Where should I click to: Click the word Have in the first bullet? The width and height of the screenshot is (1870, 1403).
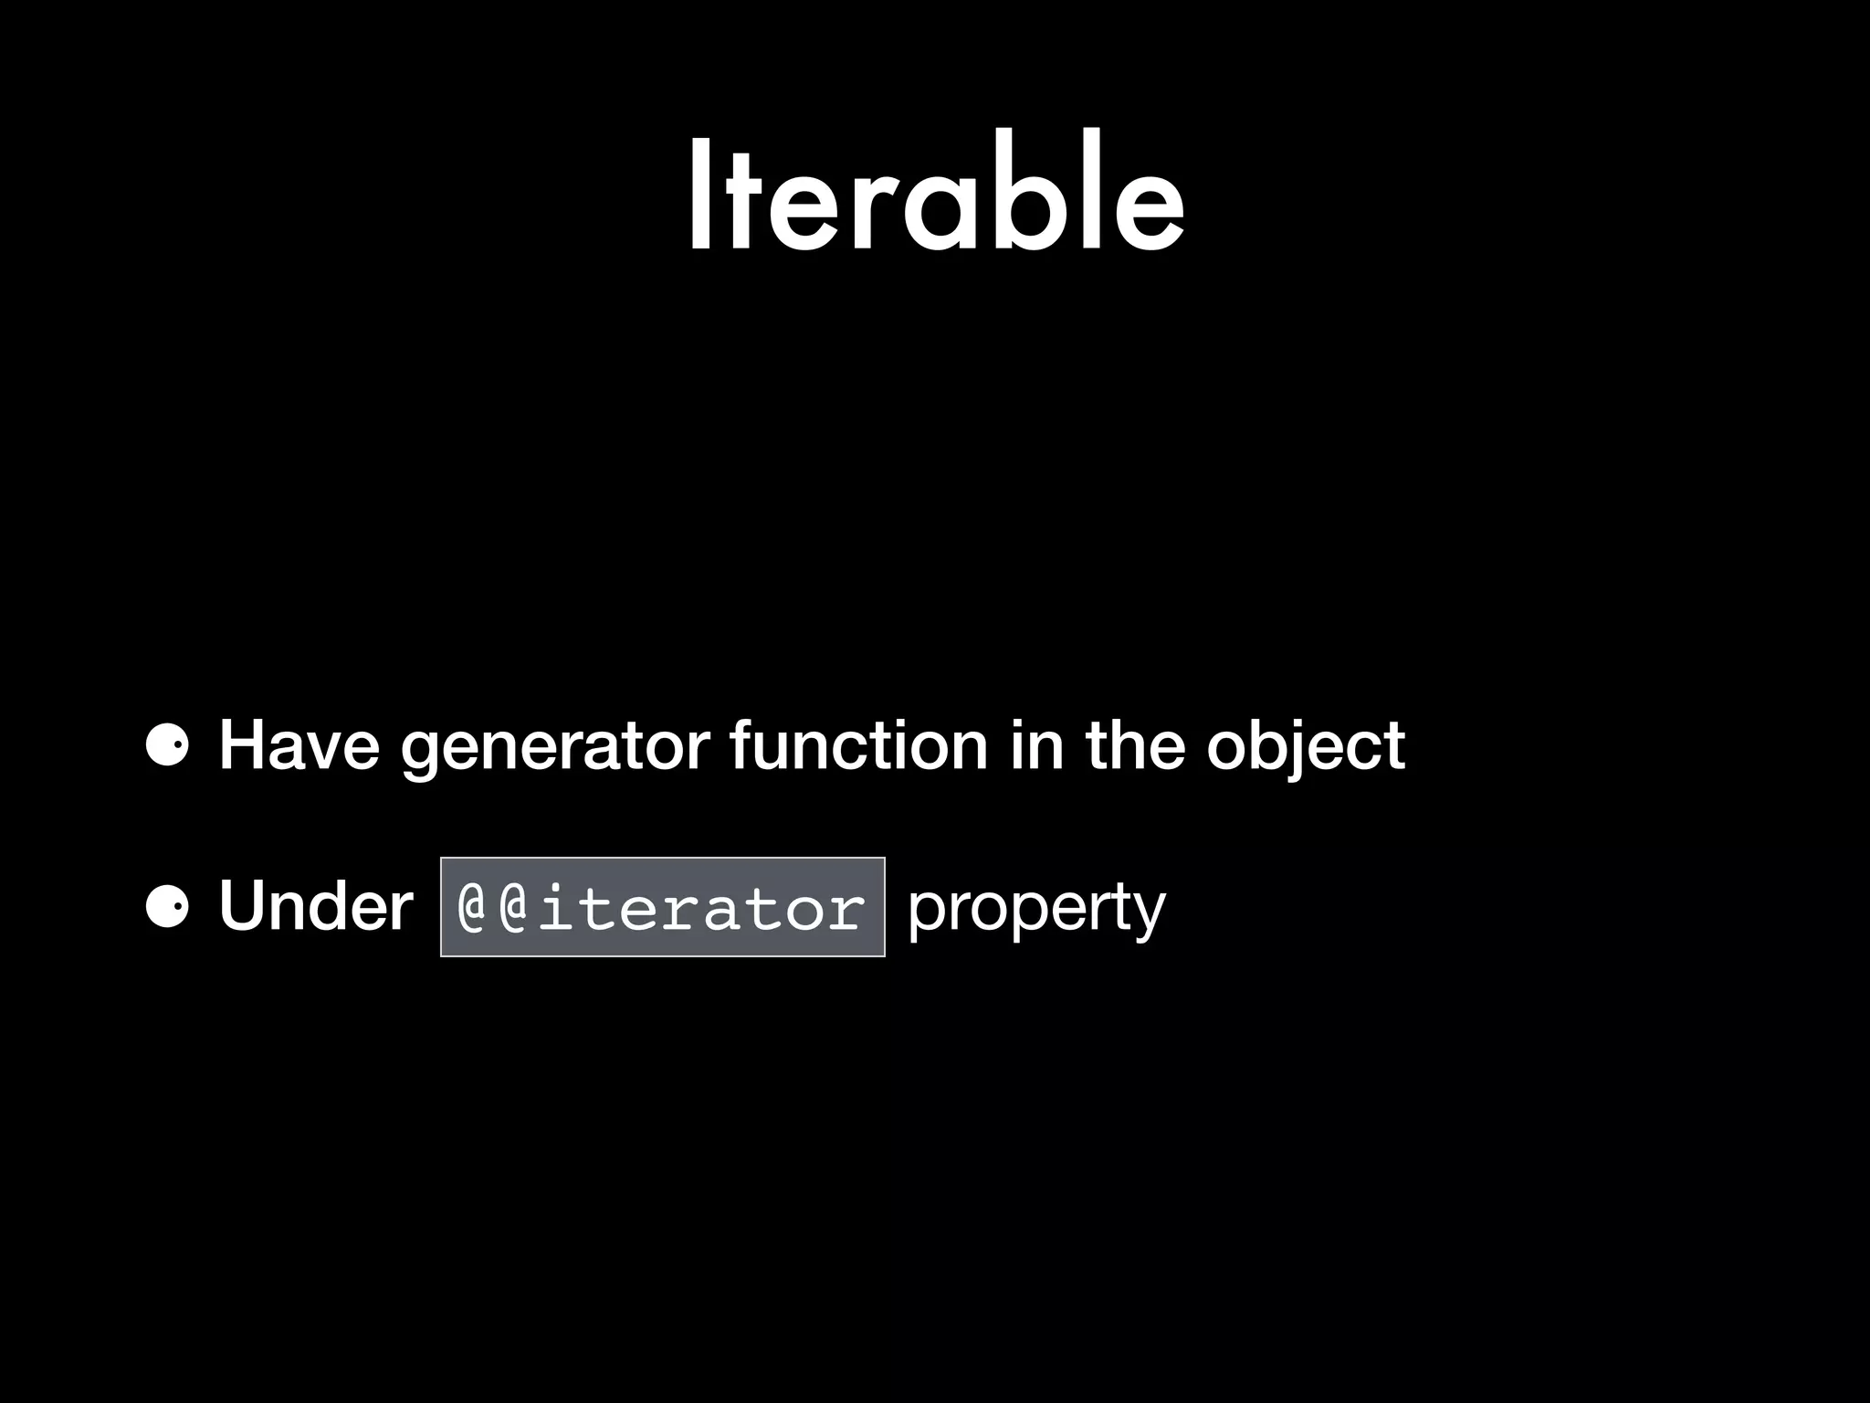click(299, 746)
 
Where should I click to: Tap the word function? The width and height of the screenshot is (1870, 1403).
click(859, 746)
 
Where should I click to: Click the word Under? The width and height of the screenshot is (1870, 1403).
click(315, 907)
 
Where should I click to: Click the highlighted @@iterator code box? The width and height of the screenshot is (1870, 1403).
click(662, 907)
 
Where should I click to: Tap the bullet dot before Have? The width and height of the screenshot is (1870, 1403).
click(166, 747)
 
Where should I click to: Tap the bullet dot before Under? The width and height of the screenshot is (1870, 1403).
click(166, 907)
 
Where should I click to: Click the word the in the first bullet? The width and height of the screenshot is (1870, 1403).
click(1135, 746)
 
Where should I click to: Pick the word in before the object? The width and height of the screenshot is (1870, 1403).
click(1036, 746)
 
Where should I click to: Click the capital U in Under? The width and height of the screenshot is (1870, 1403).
click(245, 907)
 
